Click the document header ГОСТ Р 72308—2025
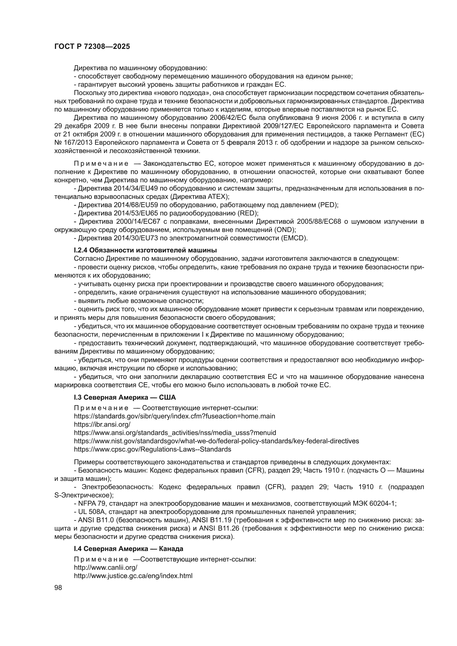(x=92, y=47)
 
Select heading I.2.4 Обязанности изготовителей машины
(x=145, y=250)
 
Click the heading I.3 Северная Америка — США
(x=125, y=397)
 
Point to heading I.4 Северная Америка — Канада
(x=128, y=549)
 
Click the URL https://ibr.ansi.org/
(x=102, y=424)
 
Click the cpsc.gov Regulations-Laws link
(x=152, y=449)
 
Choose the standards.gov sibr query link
(x=174, y=416)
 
